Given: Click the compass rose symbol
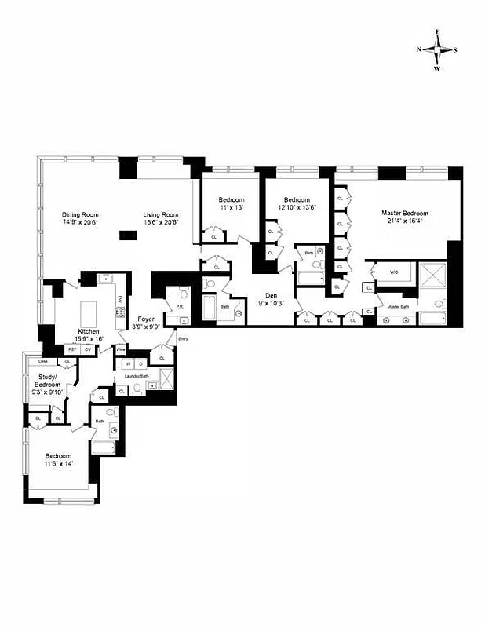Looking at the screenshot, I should pos(436,49).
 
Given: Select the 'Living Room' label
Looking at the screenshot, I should pos(161,214).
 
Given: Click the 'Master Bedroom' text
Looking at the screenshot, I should pos(405,213).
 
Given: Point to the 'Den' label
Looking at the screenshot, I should pos(272,296).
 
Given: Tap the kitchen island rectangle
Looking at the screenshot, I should pos(90,301).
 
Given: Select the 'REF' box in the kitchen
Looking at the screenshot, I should pos(61,349).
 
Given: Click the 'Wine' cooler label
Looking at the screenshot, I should pos(121,349).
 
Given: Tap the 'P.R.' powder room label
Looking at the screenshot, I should pos(178,307).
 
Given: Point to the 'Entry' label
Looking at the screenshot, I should pos(183,338).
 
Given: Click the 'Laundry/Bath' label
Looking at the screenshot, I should pos(137,377).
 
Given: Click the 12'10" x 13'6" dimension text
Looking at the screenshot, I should pos(298,208).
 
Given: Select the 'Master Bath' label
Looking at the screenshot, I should pos(399,306).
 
